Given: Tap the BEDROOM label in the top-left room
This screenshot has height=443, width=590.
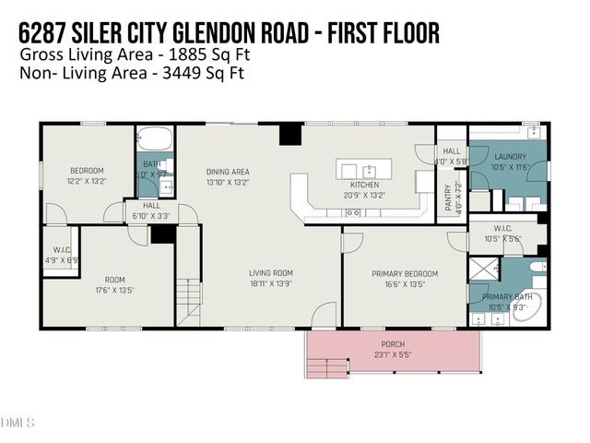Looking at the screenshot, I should click(88, 171).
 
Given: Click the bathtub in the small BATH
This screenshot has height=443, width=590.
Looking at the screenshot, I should click(156, 140).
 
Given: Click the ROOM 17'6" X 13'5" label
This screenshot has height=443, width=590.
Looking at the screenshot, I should click(114, 280).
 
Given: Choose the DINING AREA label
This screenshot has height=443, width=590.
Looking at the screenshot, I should click(228, 172).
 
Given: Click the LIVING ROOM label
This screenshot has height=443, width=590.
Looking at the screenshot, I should click(270, 273).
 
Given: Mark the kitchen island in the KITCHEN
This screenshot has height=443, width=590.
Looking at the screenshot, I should click(363, 170).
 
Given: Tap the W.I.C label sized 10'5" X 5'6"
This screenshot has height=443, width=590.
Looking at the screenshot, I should click(502, 230).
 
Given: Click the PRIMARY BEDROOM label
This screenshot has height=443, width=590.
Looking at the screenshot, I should click(404, 274).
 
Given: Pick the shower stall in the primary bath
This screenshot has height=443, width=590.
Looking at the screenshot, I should click(482, 269).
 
